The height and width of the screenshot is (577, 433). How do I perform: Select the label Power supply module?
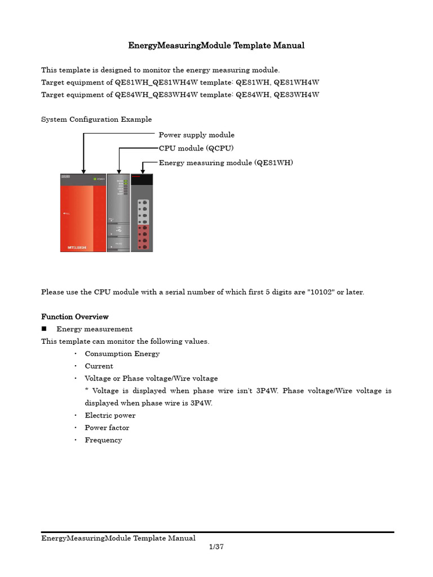(x=196, y=135)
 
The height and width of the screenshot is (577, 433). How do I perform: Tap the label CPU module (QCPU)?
(x=196, y=148)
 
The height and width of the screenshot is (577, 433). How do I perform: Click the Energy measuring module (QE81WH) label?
(x=226, y=163)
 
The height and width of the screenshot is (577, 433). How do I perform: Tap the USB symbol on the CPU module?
(x=118, y=230)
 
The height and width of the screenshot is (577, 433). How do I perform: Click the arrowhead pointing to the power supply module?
(x=83, y=171)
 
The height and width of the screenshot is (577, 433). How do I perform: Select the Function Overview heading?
(x=75, y=317)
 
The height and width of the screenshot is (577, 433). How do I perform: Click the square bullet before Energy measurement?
(x=44, y=329)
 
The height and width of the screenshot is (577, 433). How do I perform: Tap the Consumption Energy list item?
(x=122, y=354)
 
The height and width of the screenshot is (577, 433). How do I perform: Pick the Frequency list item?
(x=103, y=440)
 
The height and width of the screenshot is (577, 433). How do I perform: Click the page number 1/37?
(x=216, y=547)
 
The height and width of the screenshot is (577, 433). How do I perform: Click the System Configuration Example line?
(x=96, y=119)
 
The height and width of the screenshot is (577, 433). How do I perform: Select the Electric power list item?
(x=110, y=415)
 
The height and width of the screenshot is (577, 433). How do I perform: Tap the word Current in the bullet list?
(x=99, y=366)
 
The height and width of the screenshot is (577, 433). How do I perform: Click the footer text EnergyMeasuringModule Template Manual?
(x=118, y=539)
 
